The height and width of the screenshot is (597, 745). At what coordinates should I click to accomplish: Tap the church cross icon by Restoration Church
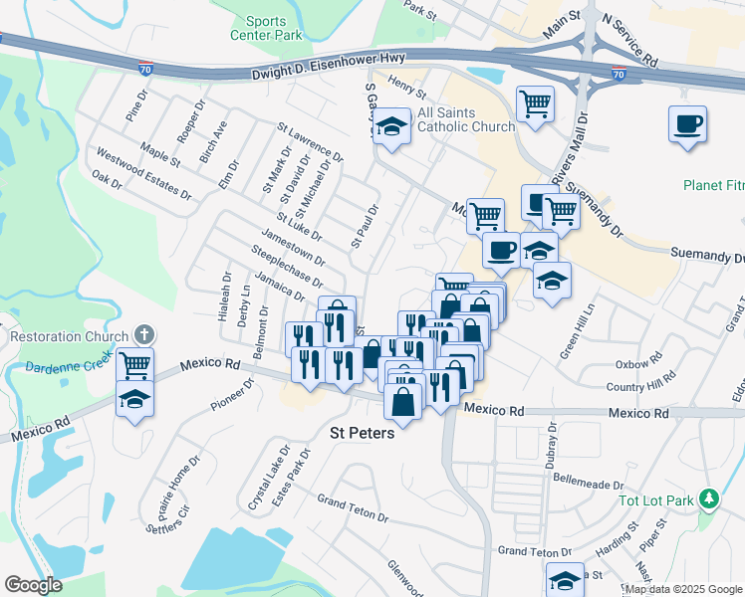click(x=144, y=335)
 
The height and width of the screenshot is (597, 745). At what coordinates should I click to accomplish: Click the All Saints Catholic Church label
click(x=466, y=118)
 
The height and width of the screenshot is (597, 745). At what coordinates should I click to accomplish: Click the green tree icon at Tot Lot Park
click(x=708, y=497)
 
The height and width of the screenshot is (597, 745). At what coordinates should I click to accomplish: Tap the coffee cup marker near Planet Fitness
click(x=687, y=124)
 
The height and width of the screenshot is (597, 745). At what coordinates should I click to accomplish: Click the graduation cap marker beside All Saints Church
click(x=392, y=126)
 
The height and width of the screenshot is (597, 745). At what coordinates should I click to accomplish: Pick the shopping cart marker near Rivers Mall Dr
click(x=536, y=102)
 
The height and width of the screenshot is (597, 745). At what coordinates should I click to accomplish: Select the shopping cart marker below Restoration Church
click(x=134, y=364)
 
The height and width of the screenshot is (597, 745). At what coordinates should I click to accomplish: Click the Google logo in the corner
click(x=34, y=585)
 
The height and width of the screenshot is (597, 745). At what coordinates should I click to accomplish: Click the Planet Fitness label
click(x=713, y=185)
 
